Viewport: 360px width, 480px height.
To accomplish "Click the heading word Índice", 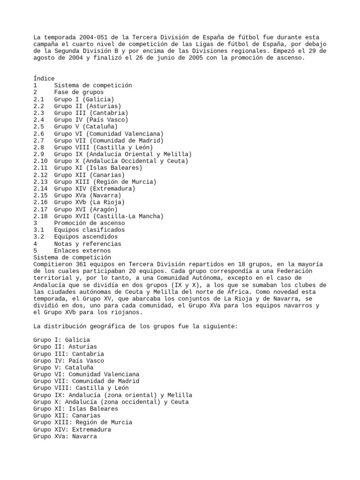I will [44, 78].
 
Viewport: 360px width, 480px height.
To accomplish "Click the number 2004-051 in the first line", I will [93, 37].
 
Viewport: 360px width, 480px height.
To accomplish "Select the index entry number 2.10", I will [41, 161].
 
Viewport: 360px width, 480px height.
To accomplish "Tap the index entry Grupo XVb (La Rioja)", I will [89, 202].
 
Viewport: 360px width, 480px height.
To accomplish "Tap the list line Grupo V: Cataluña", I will [63, 367].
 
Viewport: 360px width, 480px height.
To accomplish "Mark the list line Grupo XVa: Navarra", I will [65, 436].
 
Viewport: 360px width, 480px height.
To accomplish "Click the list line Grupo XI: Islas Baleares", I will [75, 409].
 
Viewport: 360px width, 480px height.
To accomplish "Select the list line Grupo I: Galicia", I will [61, 340].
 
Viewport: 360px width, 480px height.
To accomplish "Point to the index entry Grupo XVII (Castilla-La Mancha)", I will [108, 216].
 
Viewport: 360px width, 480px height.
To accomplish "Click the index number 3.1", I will [39, 230].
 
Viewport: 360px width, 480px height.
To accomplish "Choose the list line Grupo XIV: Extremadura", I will [72, 429].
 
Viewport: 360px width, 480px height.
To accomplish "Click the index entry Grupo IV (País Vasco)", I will [91, 120].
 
